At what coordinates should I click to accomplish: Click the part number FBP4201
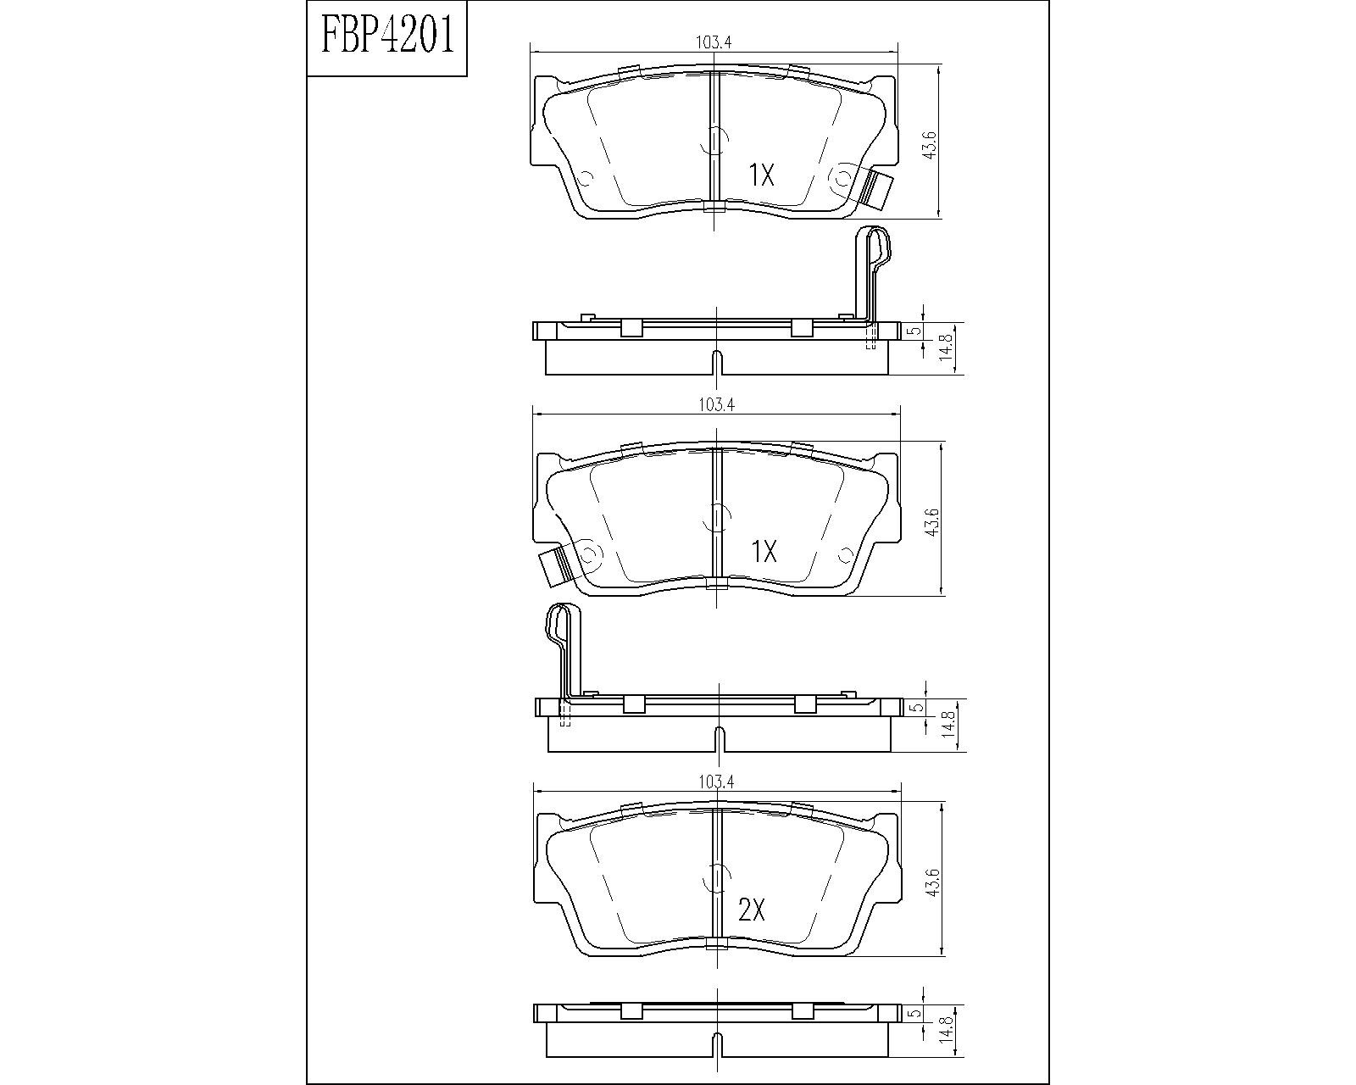tap(387, 36)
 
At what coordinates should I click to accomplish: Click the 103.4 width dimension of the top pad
tap(714, 42)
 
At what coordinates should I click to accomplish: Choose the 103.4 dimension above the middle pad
tap(716, 404)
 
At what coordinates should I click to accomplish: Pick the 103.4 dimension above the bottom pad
tap(716, 782)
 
